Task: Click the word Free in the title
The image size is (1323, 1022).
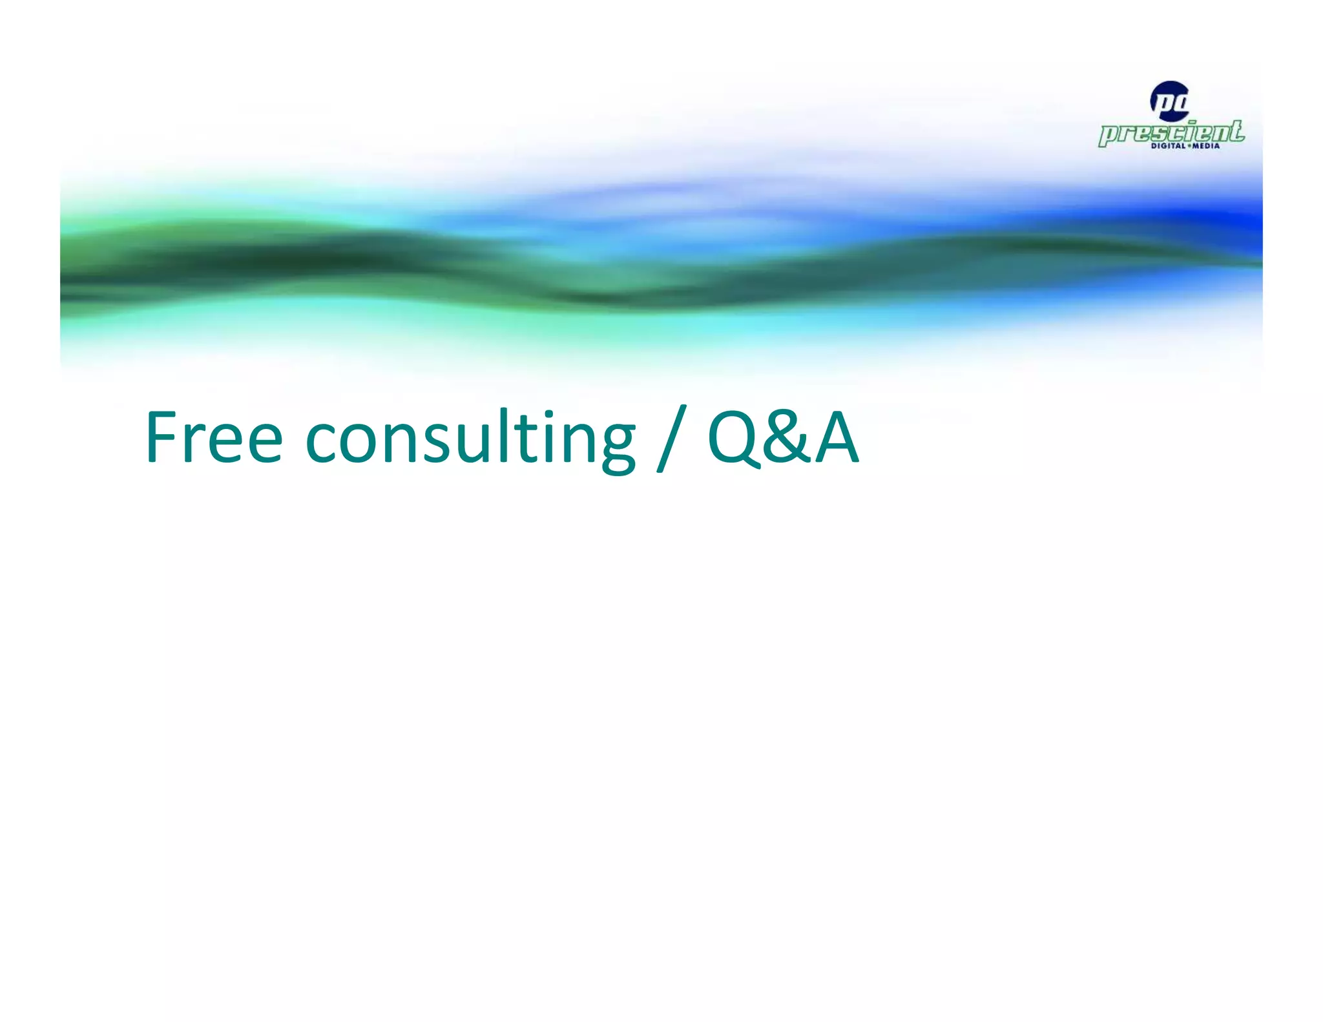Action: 214,437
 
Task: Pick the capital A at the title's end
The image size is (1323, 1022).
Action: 837,437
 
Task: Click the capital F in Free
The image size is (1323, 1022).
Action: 161,437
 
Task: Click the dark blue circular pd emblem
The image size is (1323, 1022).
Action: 1169,101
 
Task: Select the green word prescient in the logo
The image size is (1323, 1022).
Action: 1171,132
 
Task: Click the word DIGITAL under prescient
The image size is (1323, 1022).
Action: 1168,146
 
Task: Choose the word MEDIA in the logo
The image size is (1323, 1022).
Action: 1206,146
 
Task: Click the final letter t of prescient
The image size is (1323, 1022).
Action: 1235,130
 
